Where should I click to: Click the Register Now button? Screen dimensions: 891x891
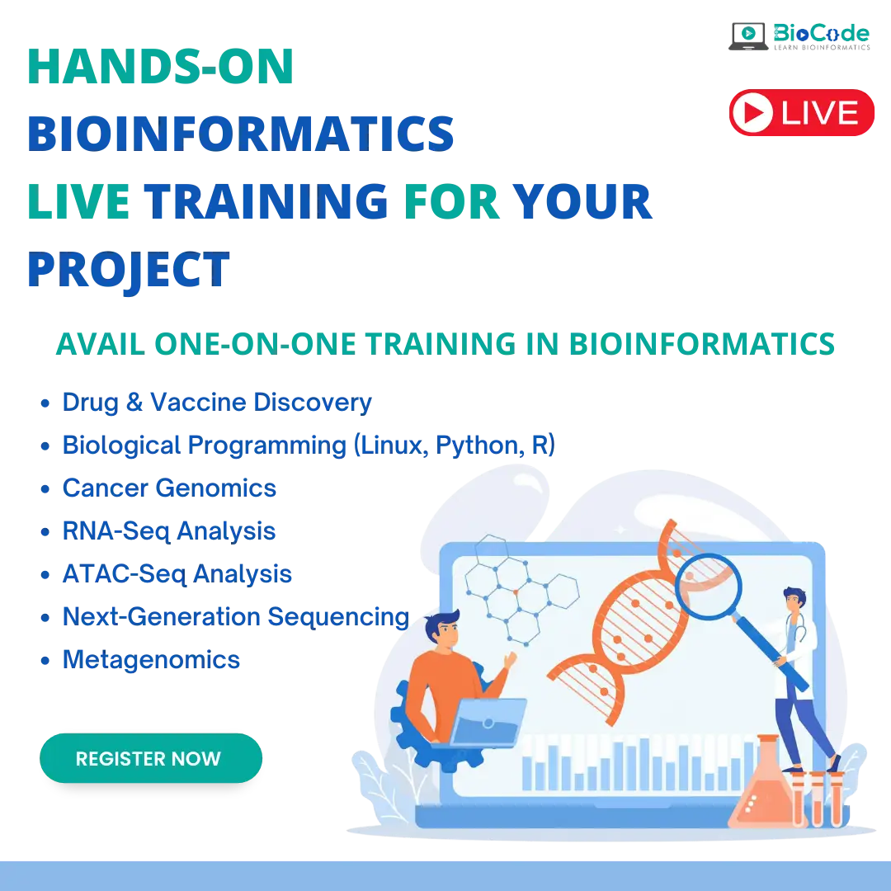[151, 758]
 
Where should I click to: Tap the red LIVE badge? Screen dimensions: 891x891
[801, 112]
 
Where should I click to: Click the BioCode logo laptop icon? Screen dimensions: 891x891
[748, 36]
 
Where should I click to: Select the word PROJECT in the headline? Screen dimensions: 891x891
[129, 271]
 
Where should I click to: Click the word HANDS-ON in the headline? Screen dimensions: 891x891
[160, 67]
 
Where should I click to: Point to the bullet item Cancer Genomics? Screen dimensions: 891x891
[169, 488]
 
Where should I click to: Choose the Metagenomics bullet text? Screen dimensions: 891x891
[151, 660]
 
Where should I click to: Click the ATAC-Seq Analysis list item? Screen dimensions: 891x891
[177, 574]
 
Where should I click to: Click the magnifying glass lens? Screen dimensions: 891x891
[708, 587]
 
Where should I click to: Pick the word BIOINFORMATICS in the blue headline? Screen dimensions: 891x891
[240, 134]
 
